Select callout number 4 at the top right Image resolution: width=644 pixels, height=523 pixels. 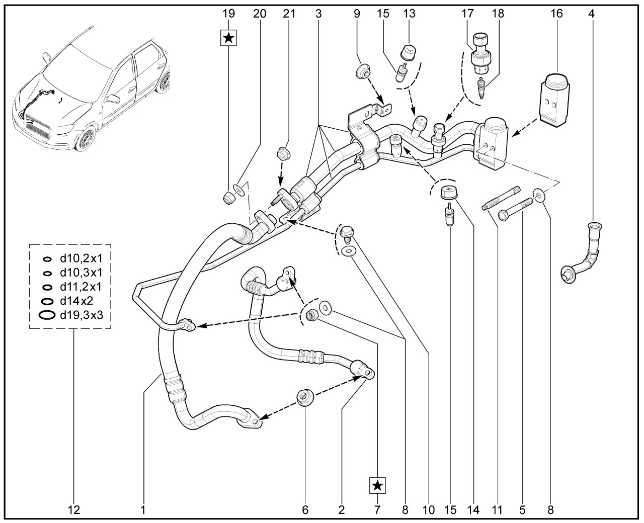click(591, 14)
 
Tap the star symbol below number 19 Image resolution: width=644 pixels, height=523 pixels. click(229, 38)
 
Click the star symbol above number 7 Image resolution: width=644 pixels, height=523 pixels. click(377, 485)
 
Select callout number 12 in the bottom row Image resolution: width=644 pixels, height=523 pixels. click(74, 510)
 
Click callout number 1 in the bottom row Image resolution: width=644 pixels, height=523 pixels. click(143, 510)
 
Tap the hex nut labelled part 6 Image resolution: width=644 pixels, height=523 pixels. click(304, 398)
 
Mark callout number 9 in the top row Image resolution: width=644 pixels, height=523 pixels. click(357, 14)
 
